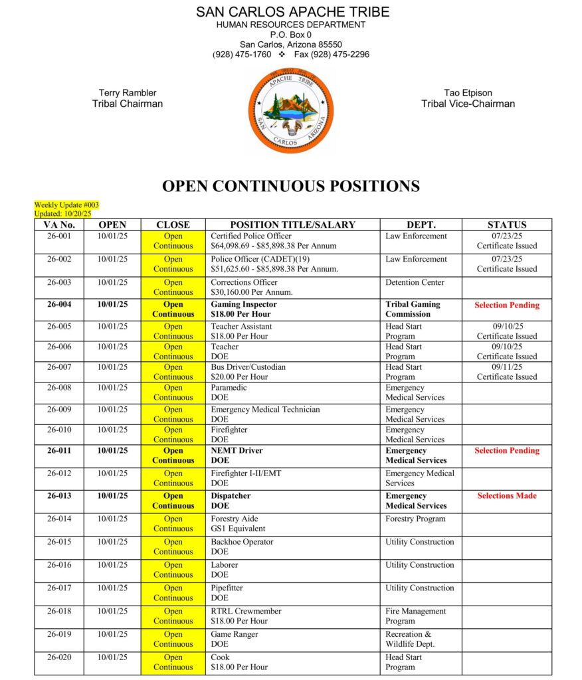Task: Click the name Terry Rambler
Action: (x=128, y=93)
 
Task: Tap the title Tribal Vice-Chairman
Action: (x=468, y=104)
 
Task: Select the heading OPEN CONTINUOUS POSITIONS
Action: (x=291, y=186)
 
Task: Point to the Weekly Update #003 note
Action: (x=66, y=205)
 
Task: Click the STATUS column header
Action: (x=506, y=224)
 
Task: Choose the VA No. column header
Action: (x=59, y=224)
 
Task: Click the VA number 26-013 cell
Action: (x=59, y=496)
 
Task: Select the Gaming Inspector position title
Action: (x=243, y=305)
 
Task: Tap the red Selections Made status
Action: (x=506, y=496)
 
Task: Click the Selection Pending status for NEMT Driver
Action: (x=506, y=451)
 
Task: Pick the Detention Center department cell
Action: (x=416, y=282)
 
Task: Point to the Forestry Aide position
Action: (x=234, y=519)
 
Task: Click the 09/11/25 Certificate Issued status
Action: (x=506, y=372)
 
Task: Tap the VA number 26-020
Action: (x=59, y=657)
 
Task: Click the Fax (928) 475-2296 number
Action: (x=332, y=54)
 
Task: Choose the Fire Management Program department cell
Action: (x=415, y=616)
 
